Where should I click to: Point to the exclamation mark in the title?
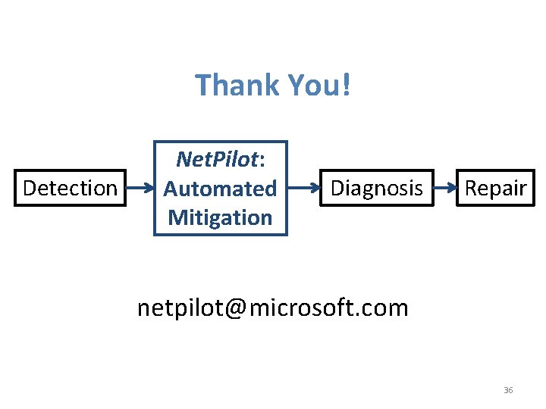click(x=347, y=85)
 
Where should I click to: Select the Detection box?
click(x=70, y=188)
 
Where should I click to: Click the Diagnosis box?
click(x=377, y=188)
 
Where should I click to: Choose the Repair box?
click(x=495, y=188)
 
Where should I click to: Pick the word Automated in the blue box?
click(x=221, y=188)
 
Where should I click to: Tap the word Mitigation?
click(x=220, y=217)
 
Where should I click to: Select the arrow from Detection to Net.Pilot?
click(x=140, y=188)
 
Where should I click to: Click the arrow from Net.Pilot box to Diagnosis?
click(x=305, y=188)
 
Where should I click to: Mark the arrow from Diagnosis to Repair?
click(x=445, y=188)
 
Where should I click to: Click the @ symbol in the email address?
click(x=235, y=308)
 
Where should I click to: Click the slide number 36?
click(x=508, y=390)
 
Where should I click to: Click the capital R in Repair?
click(x=471, y=188)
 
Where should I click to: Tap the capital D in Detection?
click(x=30, y=188)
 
